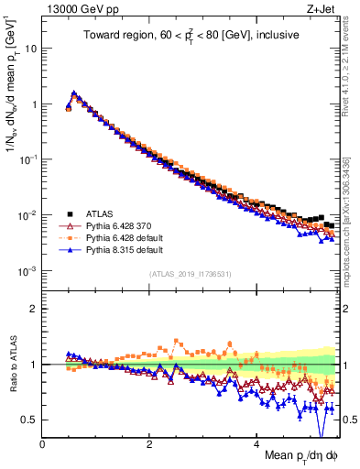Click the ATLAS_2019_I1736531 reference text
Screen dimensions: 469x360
pos(190,274)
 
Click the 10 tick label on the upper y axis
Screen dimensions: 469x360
pos(30,49)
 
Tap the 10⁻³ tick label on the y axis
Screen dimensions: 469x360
pos(27,271)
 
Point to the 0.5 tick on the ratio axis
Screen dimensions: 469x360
pos(29,420)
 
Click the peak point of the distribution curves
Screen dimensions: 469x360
pos(74,93)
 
